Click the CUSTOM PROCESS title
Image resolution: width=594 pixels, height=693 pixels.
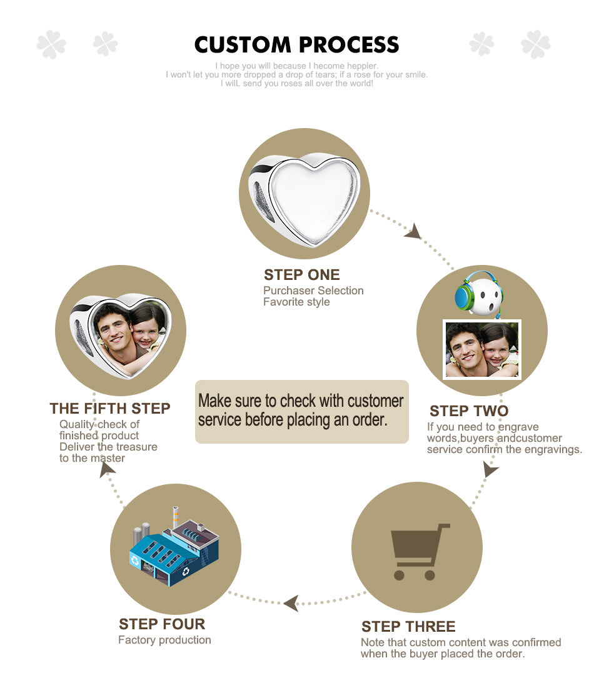tap(296, 44)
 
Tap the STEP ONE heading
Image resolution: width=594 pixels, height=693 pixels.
tap(301, 275)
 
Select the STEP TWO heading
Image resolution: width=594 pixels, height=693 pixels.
tap(469, 411)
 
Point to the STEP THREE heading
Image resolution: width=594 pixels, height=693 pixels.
tap(408, 627)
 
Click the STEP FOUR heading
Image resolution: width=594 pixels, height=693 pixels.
tap(162, 624)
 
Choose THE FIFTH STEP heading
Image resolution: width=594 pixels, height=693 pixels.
tap(109, 409)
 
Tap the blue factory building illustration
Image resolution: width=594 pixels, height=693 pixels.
tap(174, 548)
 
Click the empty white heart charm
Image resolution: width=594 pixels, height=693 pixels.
tap(305, 199)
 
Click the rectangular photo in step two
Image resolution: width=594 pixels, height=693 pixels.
tap(482, 349)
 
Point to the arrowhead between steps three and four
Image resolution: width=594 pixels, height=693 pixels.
tap(291, 603)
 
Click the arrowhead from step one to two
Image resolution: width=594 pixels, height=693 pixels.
tap(413, 232)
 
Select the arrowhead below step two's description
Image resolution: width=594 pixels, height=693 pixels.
tap(490, 469)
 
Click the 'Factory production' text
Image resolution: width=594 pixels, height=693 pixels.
tap(164, 640)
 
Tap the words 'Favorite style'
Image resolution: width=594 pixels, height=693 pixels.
tap(296, 302)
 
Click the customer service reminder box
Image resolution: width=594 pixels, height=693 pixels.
tap(301, 411)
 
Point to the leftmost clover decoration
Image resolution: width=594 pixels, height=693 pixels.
tap(51, 44)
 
